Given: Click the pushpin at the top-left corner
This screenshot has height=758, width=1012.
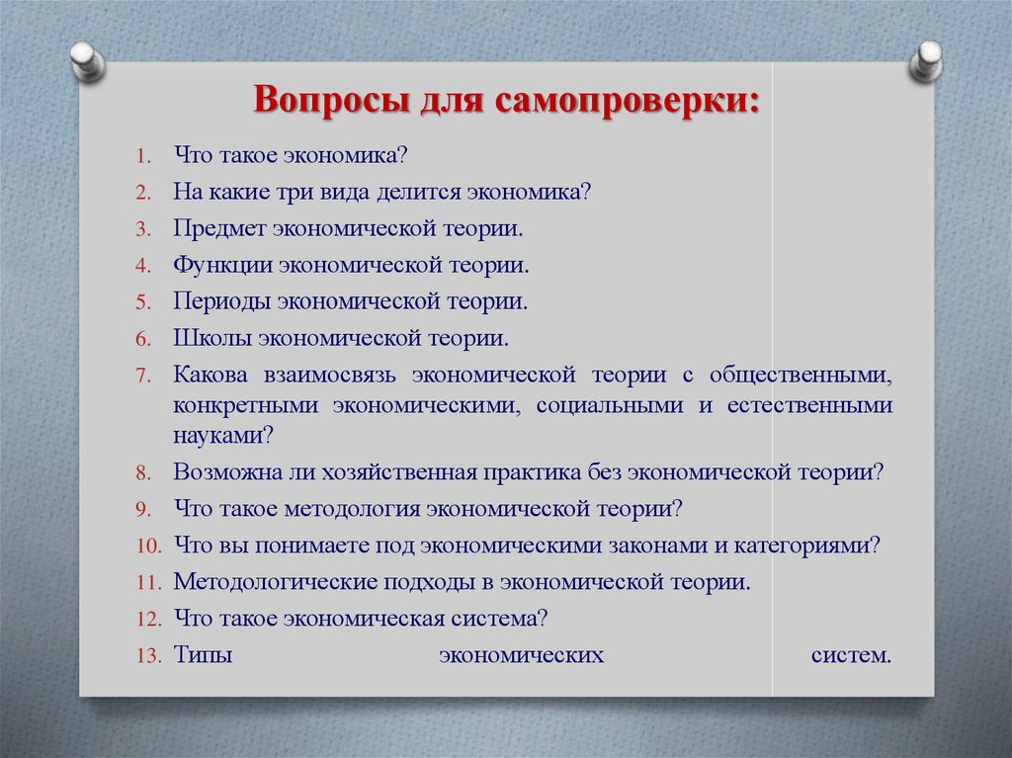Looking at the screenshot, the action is tap(88, 61).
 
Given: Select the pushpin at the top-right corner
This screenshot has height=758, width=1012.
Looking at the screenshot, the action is tap(926, 61).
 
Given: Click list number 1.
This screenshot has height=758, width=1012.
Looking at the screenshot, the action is tap(143, 156).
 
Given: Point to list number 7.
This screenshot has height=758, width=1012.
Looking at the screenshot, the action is tap(143, 376).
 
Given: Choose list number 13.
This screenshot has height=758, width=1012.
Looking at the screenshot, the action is tap(148, 656).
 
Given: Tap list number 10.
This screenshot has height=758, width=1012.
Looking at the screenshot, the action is tap(148, 547).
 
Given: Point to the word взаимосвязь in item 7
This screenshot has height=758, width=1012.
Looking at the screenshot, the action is tap(329, 376).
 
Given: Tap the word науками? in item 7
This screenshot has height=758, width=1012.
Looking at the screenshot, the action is tap(223, 436).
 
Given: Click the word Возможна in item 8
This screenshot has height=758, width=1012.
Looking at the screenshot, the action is tap(226, 472).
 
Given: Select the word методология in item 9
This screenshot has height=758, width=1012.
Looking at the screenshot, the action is tap(353, 509).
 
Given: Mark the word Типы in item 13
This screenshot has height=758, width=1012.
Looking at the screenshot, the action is tap(203, 655).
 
